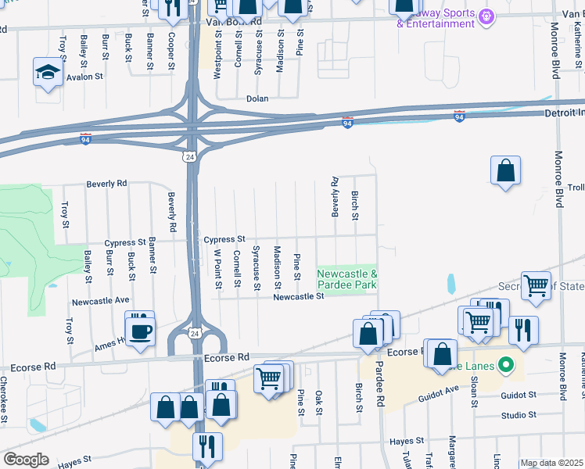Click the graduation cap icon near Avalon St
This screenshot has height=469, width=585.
[48, 73]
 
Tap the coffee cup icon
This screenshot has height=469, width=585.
[140, 331]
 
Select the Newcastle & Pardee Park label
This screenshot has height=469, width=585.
[347, 279]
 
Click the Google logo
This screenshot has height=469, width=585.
[26, 459]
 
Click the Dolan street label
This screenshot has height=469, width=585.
[257, 98]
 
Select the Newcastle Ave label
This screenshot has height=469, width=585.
[101, 300]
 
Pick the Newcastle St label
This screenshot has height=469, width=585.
[298, 296]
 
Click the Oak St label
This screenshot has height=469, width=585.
[318, 403]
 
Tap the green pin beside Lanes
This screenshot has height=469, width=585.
[505, 364]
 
